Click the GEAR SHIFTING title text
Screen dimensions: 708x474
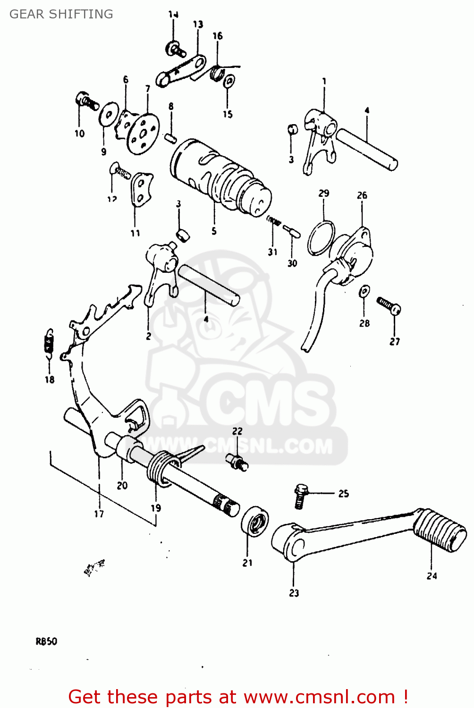click(x=61, y=14)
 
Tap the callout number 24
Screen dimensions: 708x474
click(x=432, y=576)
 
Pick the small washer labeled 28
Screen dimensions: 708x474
click(x=364, y=292)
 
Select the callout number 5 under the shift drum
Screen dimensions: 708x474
click(x=214, y=231)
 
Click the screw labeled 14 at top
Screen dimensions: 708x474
click(x=175, y=49)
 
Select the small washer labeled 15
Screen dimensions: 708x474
click(x=229, y=82)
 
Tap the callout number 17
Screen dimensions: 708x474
click(x=99, y=514)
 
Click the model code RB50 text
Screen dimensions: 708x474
click(x=46, y=641)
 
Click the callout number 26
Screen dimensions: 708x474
click(x=362, y=195)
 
